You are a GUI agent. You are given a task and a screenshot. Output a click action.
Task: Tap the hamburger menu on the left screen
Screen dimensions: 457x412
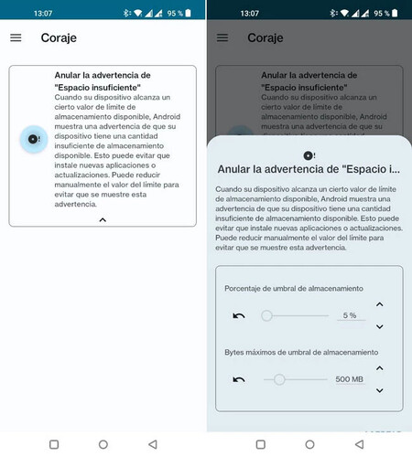point(16,37)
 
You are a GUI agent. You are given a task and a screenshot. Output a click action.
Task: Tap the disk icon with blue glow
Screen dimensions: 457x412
point(34,139)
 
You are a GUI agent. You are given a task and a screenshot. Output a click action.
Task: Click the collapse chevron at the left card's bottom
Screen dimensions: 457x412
point(103,220)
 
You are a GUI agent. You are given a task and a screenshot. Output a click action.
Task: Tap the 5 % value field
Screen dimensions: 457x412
point(348,315)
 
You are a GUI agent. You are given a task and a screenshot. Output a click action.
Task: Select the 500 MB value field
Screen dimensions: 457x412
point(348,378)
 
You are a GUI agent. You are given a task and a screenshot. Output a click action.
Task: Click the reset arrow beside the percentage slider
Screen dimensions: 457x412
point(239,315)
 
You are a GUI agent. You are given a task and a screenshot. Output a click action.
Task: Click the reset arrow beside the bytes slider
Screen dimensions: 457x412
point(239,378)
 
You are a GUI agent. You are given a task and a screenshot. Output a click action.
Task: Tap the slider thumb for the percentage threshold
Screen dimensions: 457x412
point(266,315)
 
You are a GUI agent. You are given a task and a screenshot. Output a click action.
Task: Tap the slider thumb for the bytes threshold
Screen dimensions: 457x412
point(279,378)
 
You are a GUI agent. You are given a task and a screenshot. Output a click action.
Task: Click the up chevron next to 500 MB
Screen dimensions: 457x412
point(380,367)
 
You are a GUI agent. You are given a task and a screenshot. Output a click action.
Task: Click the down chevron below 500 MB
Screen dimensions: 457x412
point(380,390)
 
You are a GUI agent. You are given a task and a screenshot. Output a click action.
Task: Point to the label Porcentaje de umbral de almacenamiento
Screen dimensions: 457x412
point(293,288)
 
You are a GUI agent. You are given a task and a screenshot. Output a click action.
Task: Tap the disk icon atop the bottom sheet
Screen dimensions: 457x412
point(309,156)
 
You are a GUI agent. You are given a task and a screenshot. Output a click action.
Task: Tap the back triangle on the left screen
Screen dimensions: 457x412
point(153,443)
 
